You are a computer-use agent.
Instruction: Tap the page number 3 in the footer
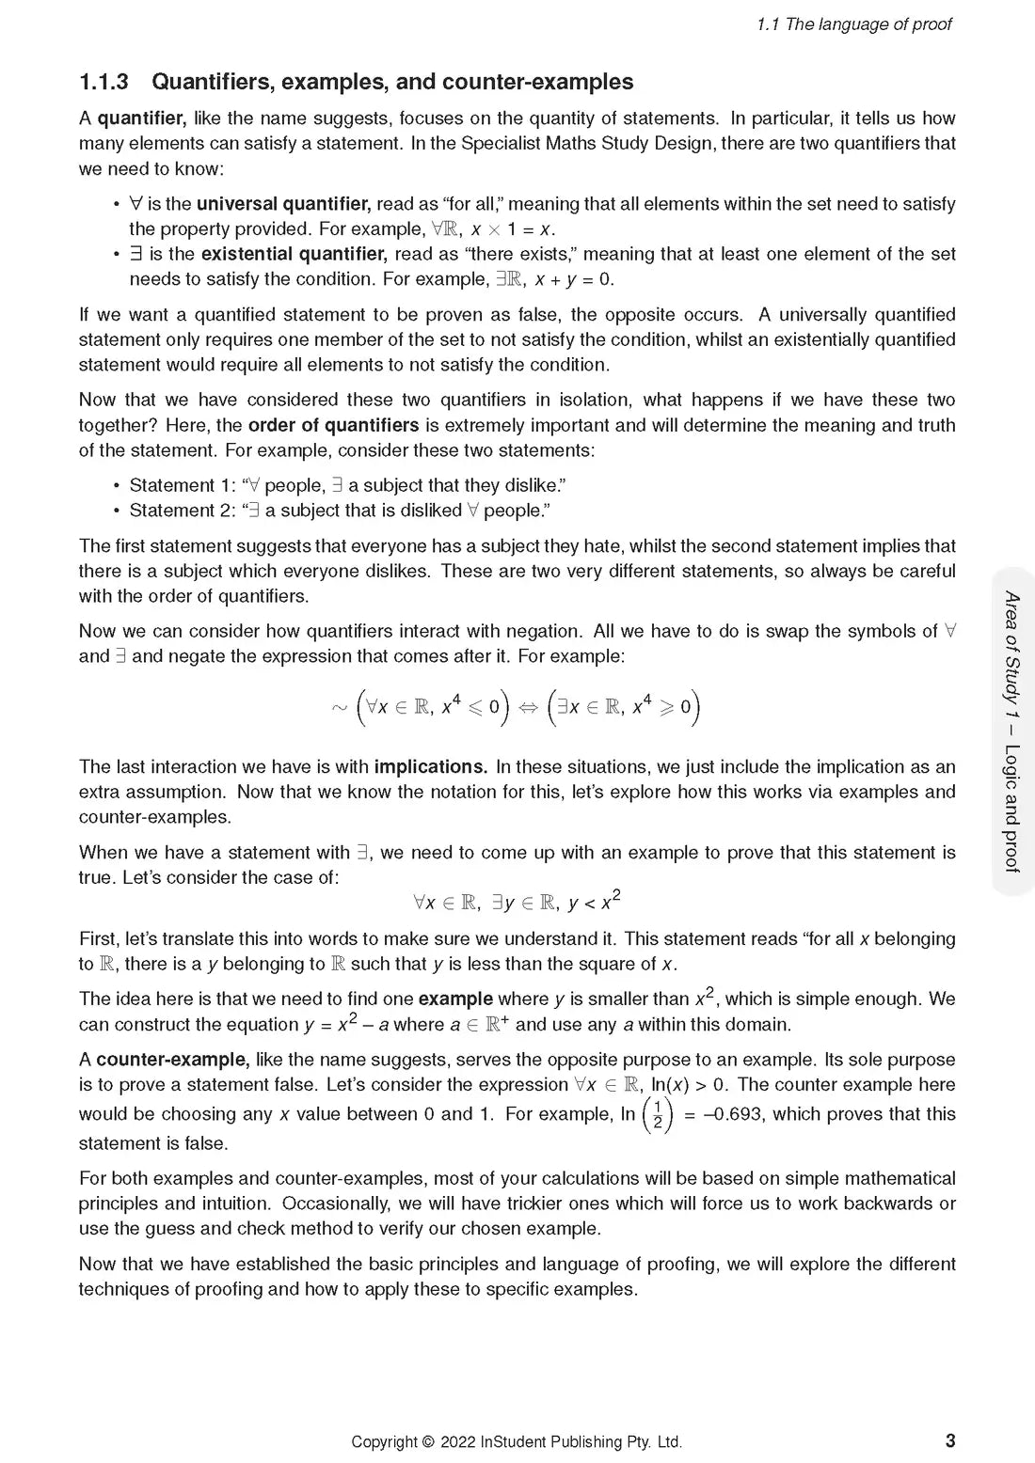tap(950, 1440)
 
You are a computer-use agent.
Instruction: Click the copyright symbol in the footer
tap(429, 1442)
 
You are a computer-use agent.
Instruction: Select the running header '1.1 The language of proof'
tap(853, 24)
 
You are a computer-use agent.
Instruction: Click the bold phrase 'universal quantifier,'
tap(283, 204)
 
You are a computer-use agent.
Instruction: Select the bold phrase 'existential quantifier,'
tap(294, 254)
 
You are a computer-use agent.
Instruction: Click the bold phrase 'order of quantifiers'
tap(333, 425)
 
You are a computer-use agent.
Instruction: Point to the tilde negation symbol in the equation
tap(340, 708)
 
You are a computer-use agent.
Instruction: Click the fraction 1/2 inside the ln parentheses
tap(657, 1115)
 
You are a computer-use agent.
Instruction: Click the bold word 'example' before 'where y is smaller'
tap(455, 999)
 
